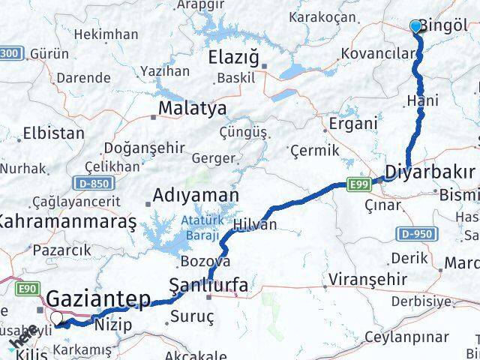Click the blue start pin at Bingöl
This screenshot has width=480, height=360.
pos(417,27)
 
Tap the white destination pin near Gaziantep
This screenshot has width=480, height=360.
pos(56,319)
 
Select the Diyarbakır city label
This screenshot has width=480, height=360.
pos(429,172)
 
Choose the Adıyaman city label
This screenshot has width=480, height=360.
pos(196,196)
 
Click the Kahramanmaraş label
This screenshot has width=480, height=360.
pos(67,222)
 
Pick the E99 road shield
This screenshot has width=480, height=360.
pos(359,182)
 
